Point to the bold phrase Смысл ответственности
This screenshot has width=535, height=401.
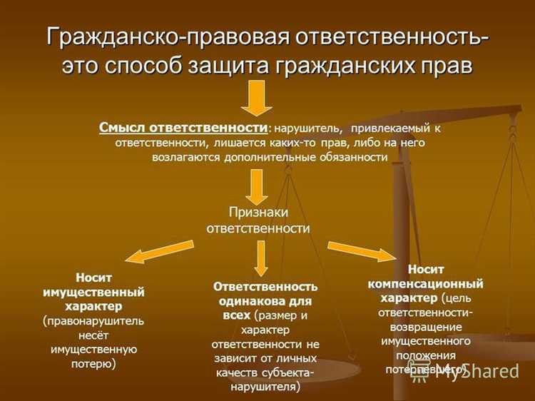pos(184,128)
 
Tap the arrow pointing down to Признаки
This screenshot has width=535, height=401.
pos(257,187)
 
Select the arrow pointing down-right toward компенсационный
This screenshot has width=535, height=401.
pos(360,252)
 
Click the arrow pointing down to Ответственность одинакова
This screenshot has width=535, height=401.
pos(259,258)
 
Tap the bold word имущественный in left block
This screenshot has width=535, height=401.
pos(93,292)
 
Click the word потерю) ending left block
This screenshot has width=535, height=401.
pos(94,363)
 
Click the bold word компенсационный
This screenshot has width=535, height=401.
pos(426,283)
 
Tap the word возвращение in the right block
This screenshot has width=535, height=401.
pos(425,326)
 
